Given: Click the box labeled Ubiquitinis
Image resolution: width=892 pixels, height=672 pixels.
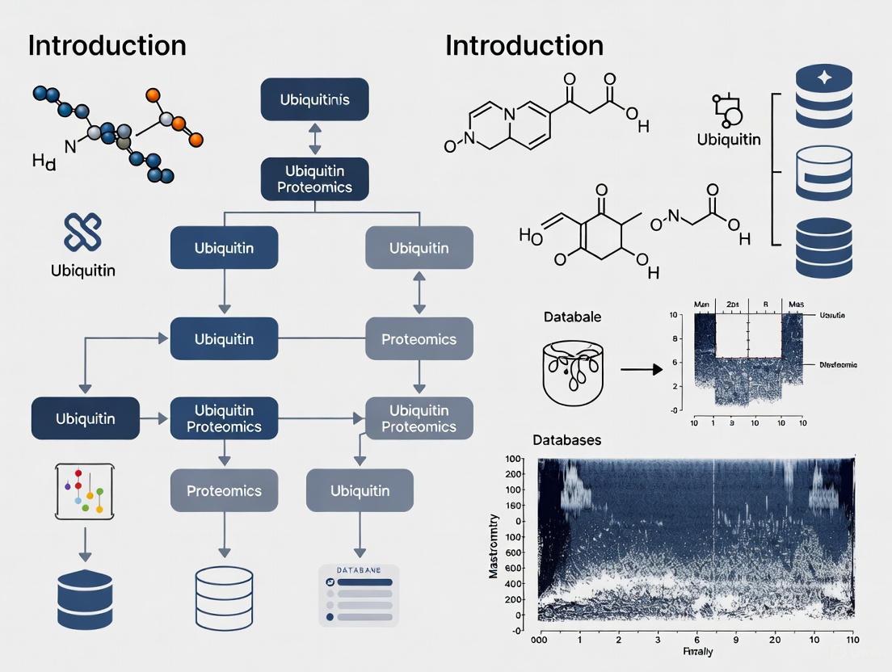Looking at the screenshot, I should (314, 100).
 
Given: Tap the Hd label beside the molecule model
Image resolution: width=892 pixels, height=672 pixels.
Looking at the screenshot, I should (44, 162).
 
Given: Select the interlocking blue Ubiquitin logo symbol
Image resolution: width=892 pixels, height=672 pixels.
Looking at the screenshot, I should (82, 232).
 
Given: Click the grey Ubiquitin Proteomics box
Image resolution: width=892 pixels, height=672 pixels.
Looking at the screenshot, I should (419, 418).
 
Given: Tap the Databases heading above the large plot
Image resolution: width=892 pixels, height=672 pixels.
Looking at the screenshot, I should (566, 440).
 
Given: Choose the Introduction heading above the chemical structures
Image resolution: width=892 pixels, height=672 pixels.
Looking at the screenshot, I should (524, 45).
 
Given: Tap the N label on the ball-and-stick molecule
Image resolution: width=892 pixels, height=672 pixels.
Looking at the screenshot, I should (69, 146).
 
